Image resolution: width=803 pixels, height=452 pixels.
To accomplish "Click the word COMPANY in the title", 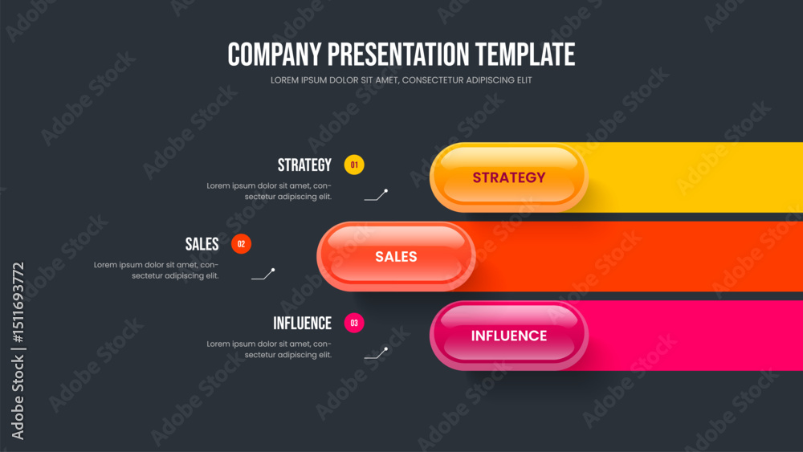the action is click(275, 55).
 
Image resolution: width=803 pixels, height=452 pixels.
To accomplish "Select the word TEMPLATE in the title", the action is click(525, 55).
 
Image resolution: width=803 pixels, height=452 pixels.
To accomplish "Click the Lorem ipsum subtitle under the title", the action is click(401, 80).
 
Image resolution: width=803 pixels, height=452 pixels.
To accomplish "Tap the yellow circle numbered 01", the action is click(354, 165).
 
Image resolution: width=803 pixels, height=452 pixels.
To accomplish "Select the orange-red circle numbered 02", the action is click(241, 243).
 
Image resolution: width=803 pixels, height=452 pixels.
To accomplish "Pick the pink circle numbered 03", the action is click(354, 323).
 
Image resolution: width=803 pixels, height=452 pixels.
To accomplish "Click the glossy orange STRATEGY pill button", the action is click(508, 177).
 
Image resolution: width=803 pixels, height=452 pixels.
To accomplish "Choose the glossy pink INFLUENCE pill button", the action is click(508, 336).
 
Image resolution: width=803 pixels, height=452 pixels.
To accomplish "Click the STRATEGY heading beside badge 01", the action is click(304, 165).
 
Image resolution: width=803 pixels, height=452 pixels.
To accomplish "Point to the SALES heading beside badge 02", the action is click(202, 244).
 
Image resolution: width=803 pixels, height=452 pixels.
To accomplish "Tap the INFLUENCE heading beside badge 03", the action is click(302, 324).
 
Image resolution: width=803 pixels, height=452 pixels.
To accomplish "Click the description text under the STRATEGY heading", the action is click(269, 191).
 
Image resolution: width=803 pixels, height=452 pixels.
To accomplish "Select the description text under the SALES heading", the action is click(157, 271).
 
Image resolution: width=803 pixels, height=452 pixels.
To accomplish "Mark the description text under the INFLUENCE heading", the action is click(269, 349).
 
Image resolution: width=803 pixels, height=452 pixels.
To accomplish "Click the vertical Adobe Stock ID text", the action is click(18, 351).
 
